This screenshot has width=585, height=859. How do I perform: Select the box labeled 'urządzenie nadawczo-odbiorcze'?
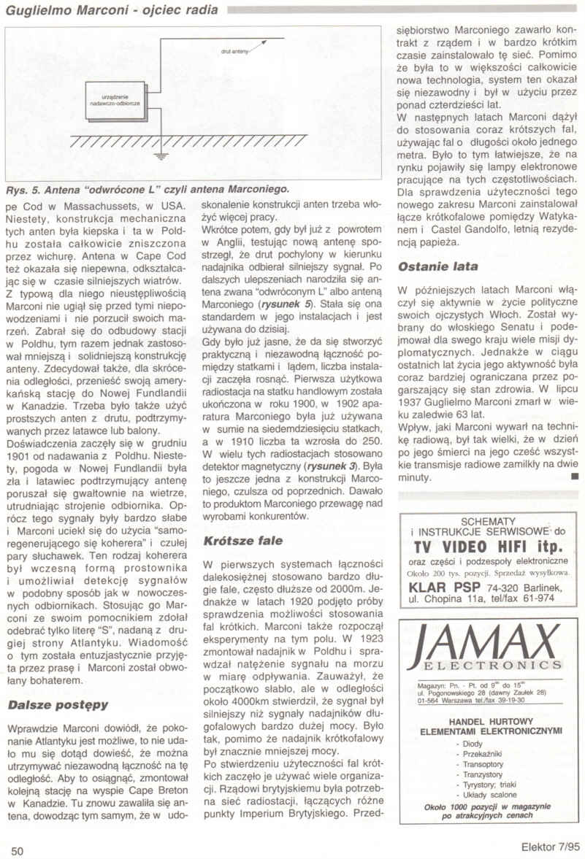[115, 100]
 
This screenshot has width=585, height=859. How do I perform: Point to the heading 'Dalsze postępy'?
[58, 705]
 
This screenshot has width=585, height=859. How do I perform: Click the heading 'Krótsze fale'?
[241, 542]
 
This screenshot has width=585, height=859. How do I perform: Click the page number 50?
[18, 850]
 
